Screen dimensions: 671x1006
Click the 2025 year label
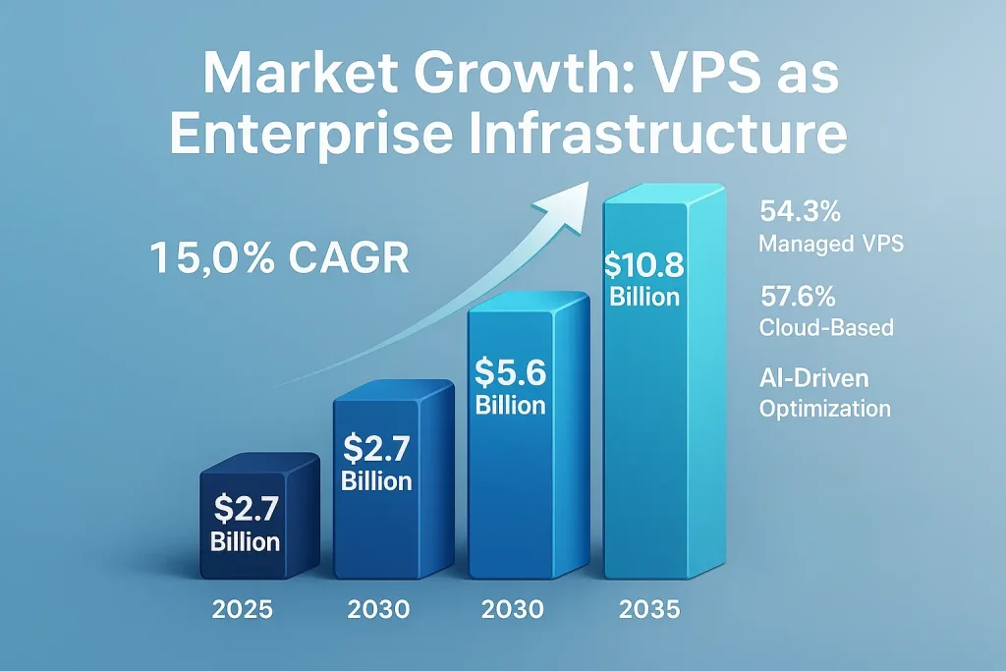click(x=243, y=609)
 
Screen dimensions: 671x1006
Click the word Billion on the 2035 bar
click(x=644, y=297)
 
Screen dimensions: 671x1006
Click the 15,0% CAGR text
click(x=279, y=258)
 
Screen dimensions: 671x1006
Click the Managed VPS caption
click(x=831, y=244)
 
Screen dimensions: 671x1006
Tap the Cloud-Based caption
click(x=826, y=327)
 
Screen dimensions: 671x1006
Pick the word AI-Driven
click(x=814, y=377)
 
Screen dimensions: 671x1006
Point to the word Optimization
click(x=825, y=408)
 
